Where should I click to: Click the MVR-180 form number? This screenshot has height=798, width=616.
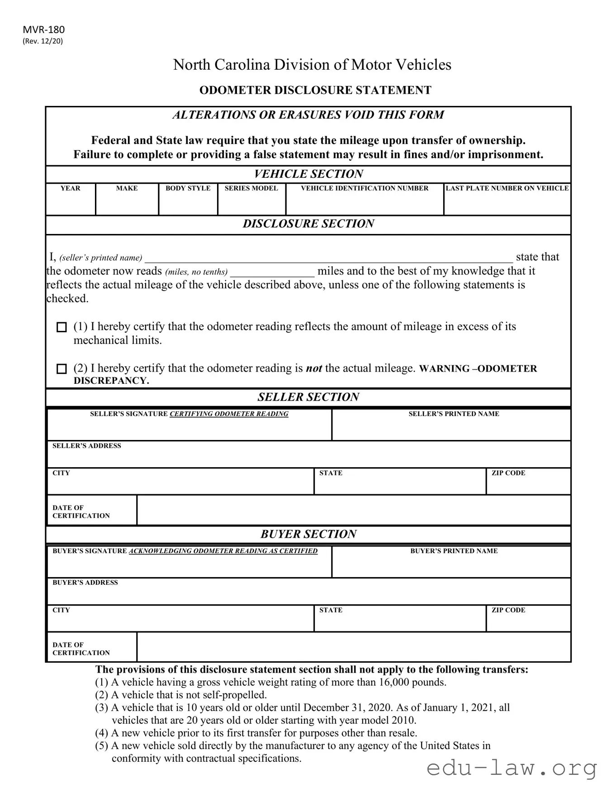pyautogui.click(x=43, y=30)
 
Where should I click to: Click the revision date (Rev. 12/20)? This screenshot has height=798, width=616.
pyautogui.click(x=43, y=41)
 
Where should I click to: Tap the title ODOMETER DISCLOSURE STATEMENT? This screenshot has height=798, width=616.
pyautogui.click(x=315, y=90)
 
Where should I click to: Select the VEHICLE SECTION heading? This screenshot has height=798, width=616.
pyautogui.click(x=308, y=174)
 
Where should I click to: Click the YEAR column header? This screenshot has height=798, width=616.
pyautogui.click(x=70, y=188)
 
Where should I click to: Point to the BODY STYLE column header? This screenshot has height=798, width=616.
pyautogui.click(x=188, y=188)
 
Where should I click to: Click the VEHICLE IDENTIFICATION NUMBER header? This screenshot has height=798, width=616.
pyautogui.click(x=365, y=188)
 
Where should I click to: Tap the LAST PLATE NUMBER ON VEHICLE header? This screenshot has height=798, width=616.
pyautogui.click(x=507, y=188)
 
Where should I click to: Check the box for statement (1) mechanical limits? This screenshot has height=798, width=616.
pyautogui.click(x=62, y=327)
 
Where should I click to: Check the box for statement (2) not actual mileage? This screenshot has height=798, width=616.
pyautogui.click(x=62, y=369)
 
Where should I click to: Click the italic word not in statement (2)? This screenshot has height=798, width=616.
pyautogui.click(x=314, y=368)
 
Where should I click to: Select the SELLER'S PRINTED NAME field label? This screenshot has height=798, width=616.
pyautogui.click(x=454, y=414)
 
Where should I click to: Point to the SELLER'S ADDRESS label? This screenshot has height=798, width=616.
pyautogui.click(x=87, y=446)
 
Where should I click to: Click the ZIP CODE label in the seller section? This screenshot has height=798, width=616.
pyautogui.click(x=508, y=473)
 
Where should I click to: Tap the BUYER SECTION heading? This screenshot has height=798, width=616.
pyautogui.click(x=308, y=534)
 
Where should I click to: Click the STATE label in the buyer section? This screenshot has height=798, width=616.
pyautogui.click(x=331, y=610)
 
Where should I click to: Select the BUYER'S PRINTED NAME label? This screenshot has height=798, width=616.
pyautogui.click(x=454, y=551)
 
